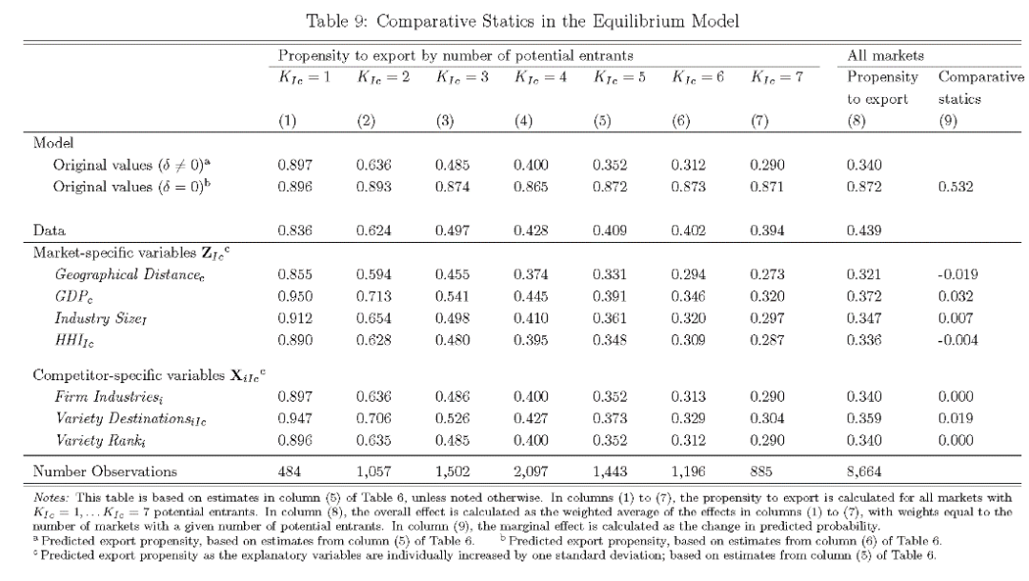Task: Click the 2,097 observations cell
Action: pyautogui.click(x=531, y=470)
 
